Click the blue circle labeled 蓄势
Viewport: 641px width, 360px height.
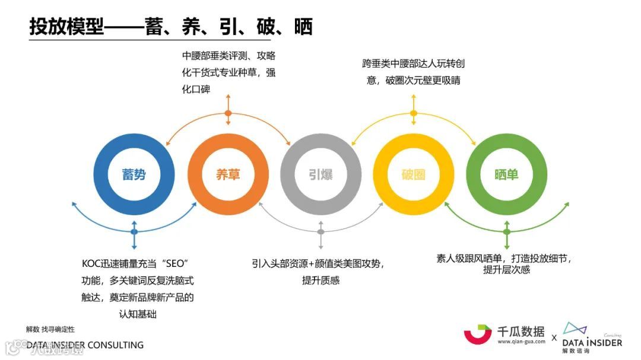point(134,175)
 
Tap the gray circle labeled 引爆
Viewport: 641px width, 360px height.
point(320,175)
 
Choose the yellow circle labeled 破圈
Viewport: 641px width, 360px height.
point(414,175)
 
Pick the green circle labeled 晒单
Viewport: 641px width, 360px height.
point(506,175)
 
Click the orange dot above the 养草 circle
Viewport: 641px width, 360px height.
point(228,113)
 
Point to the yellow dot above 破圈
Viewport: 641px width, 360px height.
point(414,113)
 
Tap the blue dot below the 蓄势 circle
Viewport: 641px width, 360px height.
point(134,231)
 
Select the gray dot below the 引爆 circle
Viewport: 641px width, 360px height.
point(320,231)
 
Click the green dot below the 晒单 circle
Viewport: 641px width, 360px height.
point(506,231)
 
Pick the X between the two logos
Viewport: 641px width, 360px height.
point(554,338)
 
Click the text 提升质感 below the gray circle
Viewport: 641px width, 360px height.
point(320,280)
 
